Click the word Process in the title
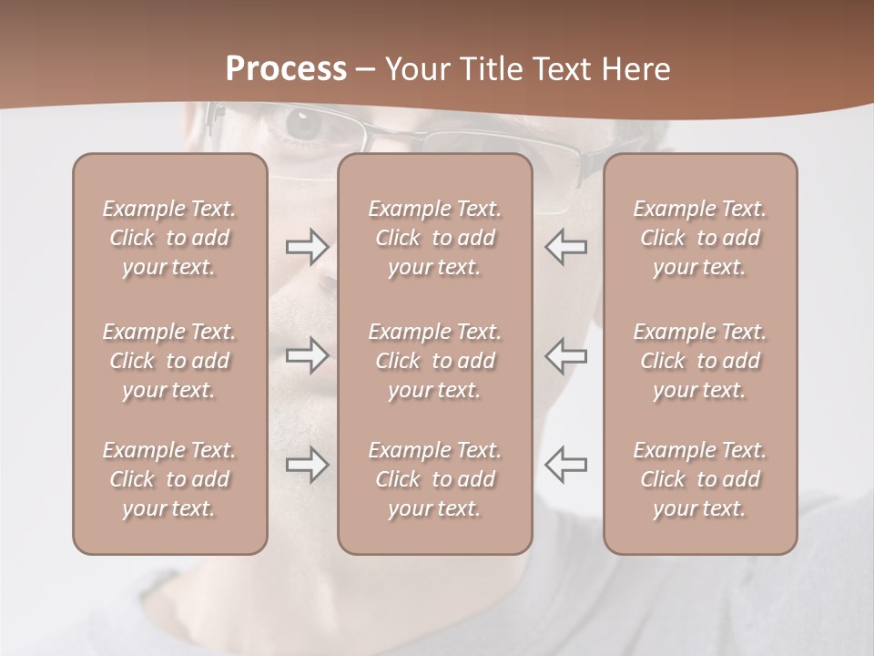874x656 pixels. coord(286,69)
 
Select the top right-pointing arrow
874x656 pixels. coord(307,246)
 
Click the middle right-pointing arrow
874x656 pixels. coord(307,354)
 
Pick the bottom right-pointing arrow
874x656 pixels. coord(307,465)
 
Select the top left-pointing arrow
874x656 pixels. coord(565,246)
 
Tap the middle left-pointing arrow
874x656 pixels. coord(565,354)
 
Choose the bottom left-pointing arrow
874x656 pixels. coord(565,465)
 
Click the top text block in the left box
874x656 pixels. coord(169,238)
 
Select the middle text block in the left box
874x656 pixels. coord(169,361)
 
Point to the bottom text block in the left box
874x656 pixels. coord(169,479)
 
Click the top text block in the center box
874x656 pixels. coord(434,238)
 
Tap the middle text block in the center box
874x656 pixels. coord(434,361)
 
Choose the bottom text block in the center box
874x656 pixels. coord(434,479)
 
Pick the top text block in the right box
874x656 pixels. coord(699,238)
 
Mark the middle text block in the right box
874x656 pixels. coord(699,361)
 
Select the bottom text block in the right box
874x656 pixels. coord(699,479)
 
